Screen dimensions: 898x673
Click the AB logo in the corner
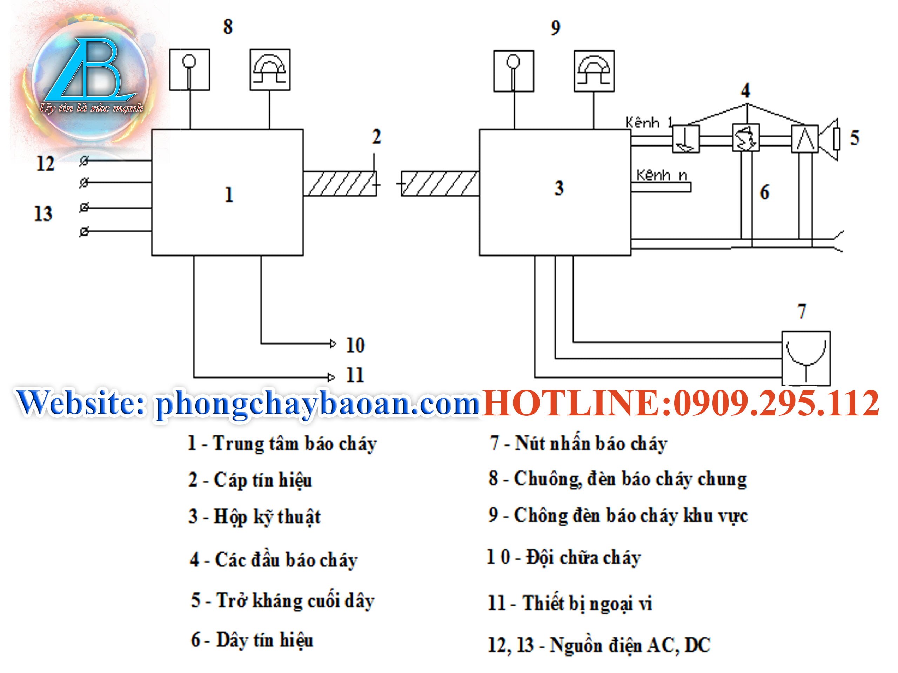tap(91, 77)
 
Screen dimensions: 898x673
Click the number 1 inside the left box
tap(229, 195)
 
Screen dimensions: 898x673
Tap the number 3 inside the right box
tap(559, 188)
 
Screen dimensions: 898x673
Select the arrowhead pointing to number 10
tap(333, 344)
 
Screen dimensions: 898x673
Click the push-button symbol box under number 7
tap(806, 358)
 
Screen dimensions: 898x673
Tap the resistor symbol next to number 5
tap(837, 140)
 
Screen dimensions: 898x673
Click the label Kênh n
tap(662, 175)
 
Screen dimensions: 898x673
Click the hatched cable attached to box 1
tap(340, 184)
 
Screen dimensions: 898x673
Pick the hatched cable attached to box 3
tap(440, 184)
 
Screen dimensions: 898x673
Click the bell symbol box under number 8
tap(270, 70)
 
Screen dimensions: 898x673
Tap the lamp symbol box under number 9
tap(514, 71)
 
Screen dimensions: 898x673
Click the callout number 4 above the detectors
tap(745, 90)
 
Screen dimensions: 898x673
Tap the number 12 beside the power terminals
tap(46, 164)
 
